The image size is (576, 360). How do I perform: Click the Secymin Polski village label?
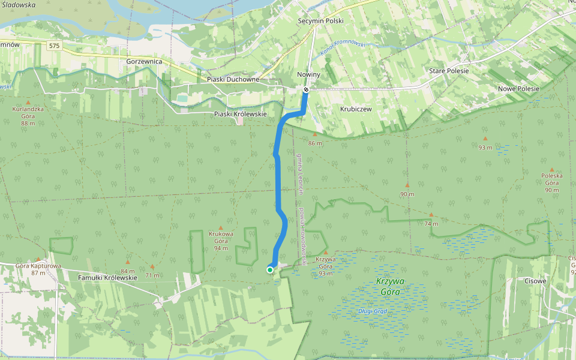[320, 20]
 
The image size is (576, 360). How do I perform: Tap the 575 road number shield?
[55, 46]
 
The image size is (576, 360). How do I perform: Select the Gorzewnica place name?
[145, 61]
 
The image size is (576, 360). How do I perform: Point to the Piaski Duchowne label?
[233, 79]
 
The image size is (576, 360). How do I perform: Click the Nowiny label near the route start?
[309, 74]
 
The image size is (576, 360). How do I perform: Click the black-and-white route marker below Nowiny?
[306, 90]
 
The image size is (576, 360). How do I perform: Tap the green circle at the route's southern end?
[270, 270]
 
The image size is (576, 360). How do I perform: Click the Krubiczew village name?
[356, 109]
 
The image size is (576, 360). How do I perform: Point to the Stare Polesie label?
[449, 71]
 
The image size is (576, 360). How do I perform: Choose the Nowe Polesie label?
[518, 89]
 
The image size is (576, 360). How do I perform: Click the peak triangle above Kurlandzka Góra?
[28, 102]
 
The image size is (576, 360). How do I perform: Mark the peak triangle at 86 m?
[314, 135]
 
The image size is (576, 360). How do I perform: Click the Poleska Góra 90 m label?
[551, 182]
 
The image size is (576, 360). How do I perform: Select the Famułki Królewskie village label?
[109, 278]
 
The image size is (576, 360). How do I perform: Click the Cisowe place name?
[536, 280]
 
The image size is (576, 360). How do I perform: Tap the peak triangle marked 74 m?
[431, 214]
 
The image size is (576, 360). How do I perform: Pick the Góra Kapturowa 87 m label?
[38, 269]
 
